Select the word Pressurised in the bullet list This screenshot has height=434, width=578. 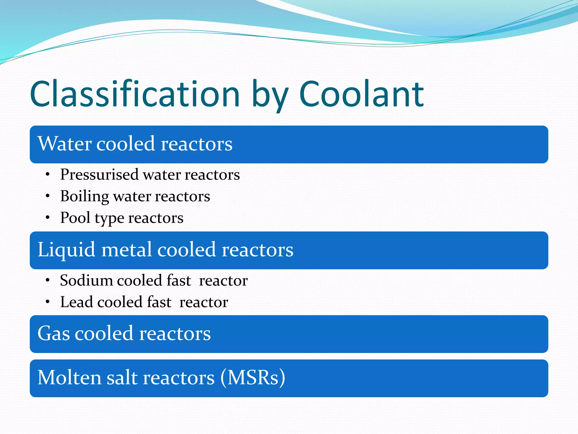[99, 175]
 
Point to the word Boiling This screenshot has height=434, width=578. [84, 196]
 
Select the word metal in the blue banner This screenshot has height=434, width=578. [126, 250]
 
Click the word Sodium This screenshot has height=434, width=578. [86, 281]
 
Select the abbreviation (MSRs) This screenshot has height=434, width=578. [253, 378]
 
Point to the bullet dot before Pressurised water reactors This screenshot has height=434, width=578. [48, 175]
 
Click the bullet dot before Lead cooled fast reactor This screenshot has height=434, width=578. [48, 302]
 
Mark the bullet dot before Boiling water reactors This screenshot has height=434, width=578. [48, 196]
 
